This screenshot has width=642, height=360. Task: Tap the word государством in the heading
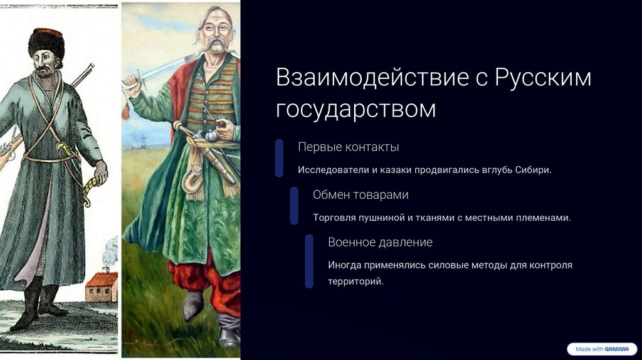[356, 109]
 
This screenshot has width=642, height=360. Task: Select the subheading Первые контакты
[349, 147]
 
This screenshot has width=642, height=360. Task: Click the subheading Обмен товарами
[360, 194]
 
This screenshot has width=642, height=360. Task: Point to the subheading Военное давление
[381, 242]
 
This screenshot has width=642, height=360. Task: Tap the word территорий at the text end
[356, 282]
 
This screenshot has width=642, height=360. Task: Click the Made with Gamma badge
[603, 349]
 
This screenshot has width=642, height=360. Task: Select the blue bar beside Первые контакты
[279, 158]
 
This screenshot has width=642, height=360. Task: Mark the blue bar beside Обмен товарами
[294, 206]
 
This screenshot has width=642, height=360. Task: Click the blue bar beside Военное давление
[309, 262]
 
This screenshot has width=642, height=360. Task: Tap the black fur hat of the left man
[46, 42]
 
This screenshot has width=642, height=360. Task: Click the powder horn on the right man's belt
[192, 179]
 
